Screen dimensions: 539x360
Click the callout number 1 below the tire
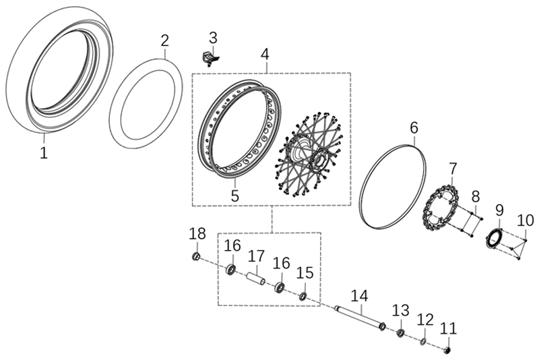click(44, 152)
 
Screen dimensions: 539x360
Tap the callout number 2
click(165, 41)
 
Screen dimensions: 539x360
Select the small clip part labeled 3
click(210, 57)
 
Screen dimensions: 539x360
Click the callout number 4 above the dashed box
click(265, 54)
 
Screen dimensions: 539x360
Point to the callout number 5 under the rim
click(234, 196)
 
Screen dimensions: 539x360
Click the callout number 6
click(414, 128)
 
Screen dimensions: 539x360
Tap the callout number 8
click(476, 197)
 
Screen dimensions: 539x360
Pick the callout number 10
click(526, 220)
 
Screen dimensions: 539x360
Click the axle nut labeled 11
click(447, 350)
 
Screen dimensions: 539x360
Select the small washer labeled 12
click(423, 341)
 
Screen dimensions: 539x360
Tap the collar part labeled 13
click(400, 332)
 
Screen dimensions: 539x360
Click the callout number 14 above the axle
click(360, 296)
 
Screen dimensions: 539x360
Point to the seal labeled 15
click(303, 296)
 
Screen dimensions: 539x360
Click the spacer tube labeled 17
click(256, 278)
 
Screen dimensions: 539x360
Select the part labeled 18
click(196, 256)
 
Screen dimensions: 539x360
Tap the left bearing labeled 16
click(230, 269)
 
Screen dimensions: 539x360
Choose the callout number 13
click(401, 311)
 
